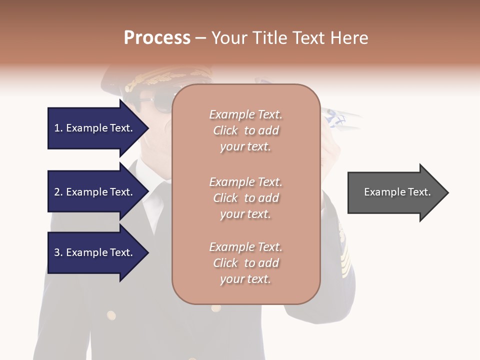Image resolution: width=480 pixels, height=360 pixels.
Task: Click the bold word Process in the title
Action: (157, 37)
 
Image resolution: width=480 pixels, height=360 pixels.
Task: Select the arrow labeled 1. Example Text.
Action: (95, 128)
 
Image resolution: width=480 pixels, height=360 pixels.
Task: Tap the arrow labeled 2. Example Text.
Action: (95, 192)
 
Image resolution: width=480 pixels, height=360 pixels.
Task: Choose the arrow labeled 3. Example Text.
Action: (95, 252)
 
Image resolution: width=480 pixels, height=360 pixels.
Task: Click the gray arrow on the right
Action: (395, 192)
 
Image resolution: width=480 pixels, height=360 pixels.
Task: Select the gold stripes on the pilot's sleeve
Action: (344, 250)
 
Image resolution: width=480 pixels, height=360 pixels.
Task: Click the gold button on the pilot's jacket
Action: (111, 315)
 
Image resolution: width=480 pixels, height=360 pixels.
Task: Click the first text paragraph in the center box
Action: (245, 130)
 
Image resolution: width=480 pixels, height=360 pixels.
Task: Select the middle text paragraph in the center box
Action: (245, 198)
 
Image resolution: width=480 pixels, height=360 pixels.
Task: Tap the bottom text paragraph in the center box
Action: (245, 263)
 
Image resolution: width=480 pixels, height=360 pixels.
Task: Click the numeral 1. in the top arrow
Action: (58, 128)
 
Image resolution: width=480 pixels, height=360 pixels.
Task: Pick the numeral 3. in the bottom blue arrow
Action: (58, 252)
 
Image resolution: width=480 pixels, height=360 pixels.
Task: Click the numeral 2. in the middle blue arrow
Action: (58, 192)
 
